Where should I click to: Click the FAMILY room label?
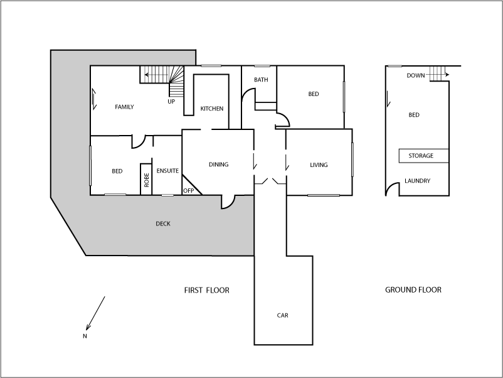point(124,107)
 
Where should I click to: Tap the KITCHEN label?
point(212,109)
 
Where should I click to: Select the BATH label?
point(261,80)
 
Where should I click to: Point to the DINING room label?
point(218,165)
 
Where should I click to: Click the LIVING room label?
point(319,165)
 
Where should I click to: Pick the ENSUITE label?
point(167,171)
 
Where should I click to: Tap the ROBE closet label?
point(147,181)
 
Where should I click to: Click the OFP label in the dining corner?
point(188,190)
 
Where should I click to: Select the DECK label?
point(162,224)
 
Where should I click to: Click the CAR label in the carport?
point(283,315)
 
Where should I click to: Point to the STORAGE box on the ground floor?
point(421,156)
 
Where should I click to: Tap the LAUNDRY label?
point(417,181)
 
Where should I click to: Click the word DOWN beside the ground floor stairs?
point(416,75)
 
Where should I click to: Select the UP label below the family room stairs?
point(171,101)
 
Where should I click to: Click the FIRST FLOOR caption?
point(206,290)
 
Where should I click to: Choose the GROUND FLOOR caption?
point(413,290)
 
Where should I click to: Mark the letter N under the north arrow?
point(85,336)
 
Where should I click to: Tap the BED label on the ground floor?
point(414,115)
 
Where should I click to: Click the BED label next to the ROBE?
point(117,171)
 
